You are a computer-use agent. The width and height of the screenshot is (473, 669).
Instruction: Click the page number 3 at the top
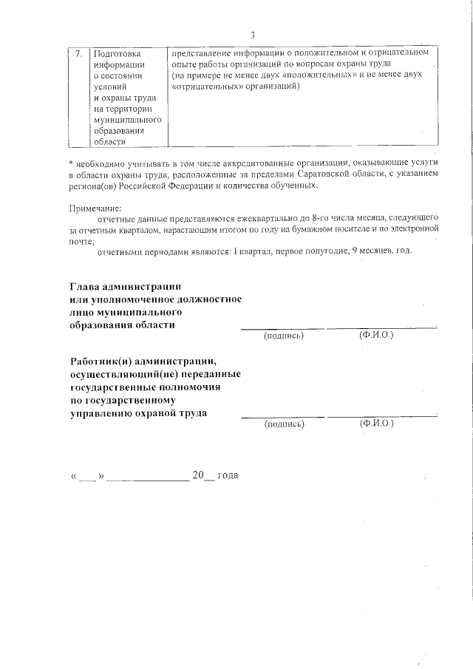coord(253,35)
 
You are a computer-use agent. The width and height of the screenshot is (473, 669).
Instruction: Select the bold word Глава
coord(88,286)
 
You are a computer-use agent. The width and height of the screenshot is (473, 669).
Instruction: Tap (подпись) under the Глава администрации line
coord(284,336)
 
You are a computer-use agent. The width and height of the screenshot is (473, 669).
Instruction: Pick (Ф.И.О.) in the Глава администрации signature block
coord(377,336)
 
